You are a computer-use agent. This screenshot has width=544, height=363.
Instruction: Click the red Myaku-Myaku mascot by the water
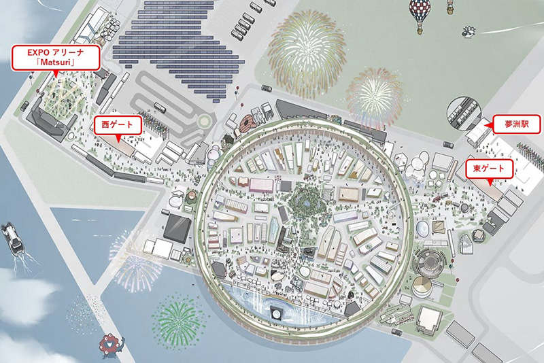[108, 346]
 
